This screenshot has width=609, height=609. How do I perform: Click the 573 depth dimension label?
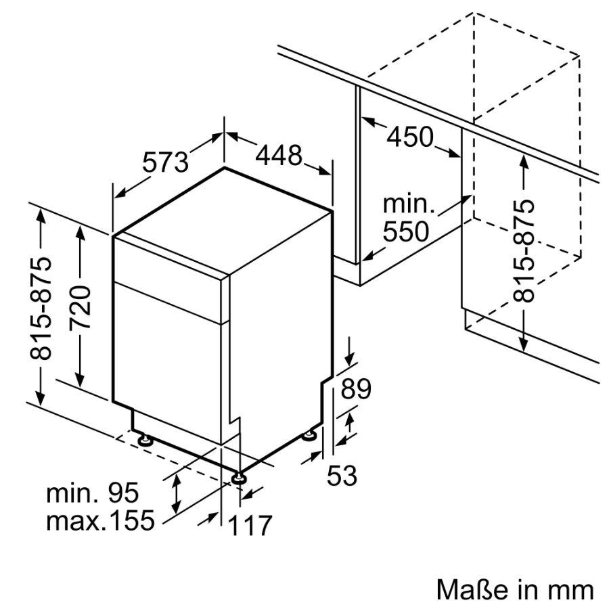click(164, 162)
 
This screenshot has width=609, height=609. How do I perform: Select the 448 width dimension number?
click(278, 156)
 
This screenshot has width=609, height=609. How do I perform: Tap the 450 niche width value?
click(409, 137)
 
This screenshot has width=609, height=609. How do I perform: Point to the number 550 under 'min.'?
click(405, 232)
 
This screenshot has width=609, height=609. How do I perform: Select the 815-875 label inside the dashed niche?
click(524, 251)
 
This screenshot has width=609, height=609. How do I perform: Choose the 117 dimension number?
click(248, 526)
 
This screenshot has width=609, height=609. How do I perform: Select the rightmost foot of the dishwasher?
click(309, 435)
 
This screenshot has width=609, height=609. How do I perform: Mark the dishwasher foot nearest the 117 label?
click(238, 478)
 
